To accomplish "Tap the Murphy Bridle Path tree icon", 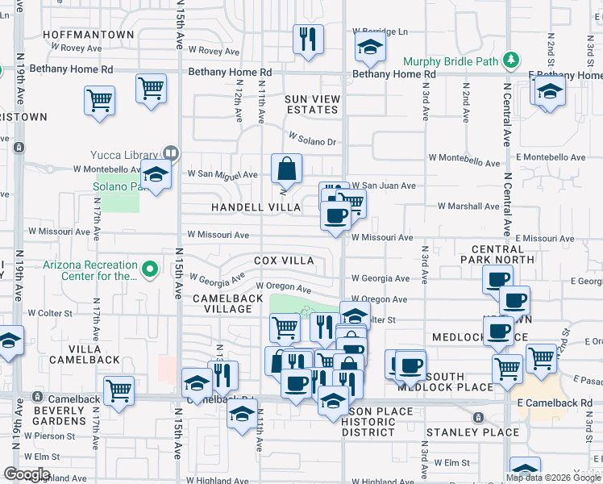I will point(509,60).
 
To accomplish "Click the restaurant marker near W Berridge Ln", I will point(308,40).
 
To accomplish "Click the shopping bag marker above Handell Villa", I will point(286,169).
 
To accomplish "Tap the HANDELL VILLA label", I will point(256,207).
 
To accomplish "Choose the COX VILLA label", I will point(284,261).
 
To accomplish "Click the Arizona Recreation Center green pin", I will point(149,269).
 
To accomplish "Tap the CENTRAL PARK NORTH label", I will point(497,254).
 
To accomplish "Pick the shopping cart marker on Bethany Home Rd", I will point(152,90).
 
